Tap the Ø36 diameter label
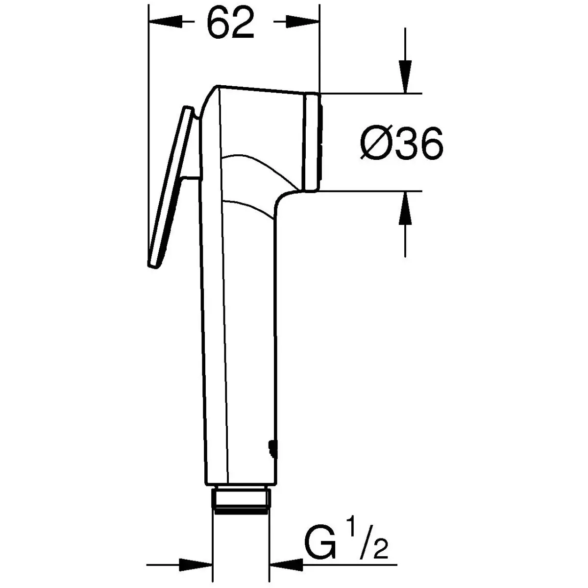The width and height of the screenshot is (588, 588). (x=401, y=143)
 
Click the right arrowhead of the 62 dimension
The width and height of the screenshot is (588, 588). (x=303, y=22)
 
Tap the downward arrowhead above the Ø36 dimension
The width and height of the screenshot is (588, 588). (x=405, y=76)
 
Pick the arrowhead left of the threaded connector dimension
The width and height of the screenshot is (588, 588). (x=196, y=565)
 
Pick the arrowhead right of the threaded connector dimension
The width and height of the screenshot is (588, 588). (x=286, y=565)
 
